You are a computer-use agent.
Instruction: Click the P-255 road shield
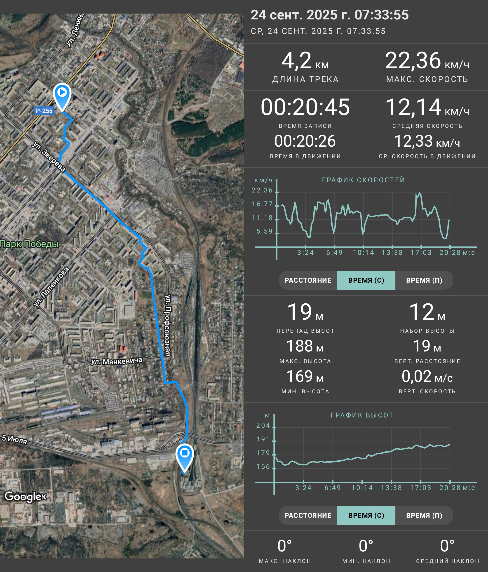[x=44, y=111]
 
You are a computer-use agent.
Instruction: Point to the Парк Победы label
[x=30, y=244]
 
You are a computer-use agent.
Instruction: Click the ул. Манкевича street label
[x=117, y=361]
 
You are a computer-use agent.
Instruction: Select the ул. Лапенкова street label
[x=51, y=287]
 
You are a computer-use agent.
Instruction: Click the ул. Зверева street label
[x=49, y=157]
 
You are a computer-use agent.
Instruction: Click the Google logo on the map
[x=25, y=496]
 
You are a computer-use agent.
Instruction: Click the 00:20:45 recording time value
[x=305, y=107]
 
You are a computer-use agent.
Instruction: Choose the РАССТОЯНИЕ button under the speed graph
[x=308, y=280]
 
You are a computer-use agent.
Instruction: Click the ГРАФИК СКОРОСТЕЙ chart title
[x=364, y=180]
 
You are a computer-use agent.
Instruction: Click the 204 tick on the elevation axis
[x=263, y=425]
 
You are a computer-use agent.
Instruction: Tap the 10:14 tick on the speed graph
[x=364, y=253]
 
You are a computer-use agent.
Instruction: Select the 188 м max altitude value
[x=305, y=346]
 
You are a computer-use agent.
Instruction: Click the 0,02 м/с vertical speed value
[x=427, y=376]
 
